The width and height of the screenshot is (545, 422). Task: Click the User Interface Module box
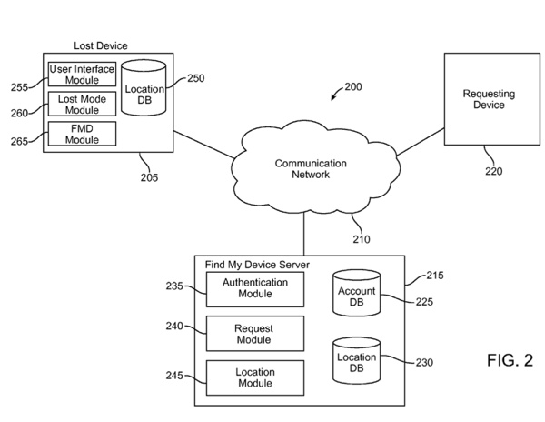pyautogui.click(x=83, y=75)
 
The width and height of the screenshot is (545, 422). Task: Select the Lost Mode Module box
pyautogui.click(x=83, y=104)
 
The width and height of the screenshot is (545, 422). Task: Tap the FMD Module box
pyautogui.click(x=83, y=134)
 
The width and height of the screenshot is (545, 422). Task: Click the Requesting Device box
pyautogui.click(x=483, y=99)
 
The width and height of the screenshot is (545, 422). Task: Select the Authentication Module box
pyautogui.click(x=255, y=288)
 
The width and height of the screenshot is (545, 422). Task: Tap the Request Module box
pyautogui.click(x=254, y=333)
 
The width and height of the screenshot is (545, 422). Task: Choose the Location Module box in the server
pyautogui.click(x=254, y=377)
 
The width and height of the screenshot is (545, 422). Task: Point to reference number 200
pyautogui.click(x=353, y=87)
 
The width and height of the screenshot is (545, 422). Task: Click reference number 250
pyautogui.click(x=195, y=78)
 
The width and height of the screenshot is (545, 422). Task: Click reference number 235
pyautogui.click(x=174, y=286)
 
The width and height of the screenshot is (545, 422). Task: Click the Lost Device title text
pyautogui.click(x=100, y=45)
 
